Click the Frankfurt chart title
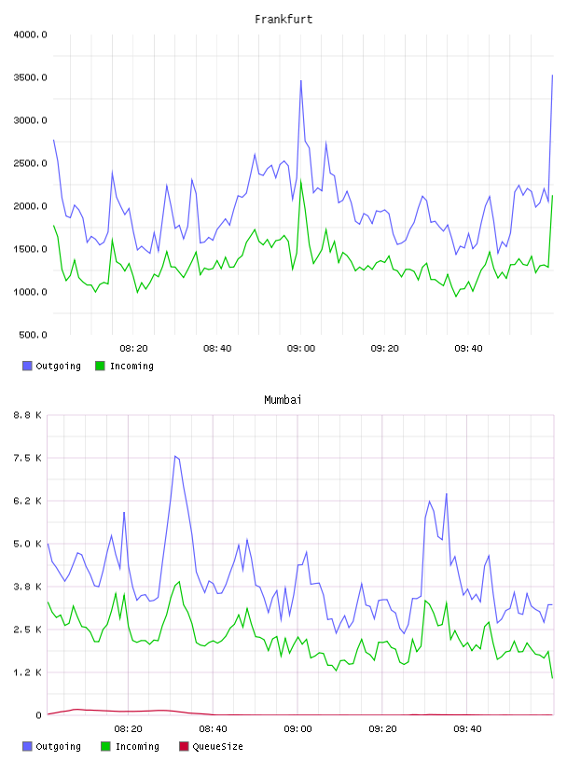[x=283, y=20]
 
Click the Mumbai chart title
[x=283, y=400]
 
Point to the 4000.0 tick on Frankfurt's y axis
[x=30, y=35]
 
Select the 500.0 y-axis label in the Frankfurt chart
[x=33, y=335]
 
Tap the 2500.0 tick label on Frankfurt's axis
[x=30, y=163]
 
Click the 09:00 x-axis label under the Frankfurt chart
[x=301, y=349]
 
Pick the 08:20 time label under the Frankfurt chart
[x=133, y=349]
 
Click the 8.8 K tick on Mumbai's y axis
[x=28, y=415]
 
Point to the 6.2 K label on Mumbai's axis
[x=28, y=501]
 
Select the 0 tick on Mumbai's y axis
[x=39, y=715]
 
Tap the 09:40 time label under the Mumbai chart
[x=467, y=729]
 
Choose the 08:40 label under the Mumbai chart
[x=214, y=729]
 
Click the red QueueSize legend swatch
[x=184, y=746]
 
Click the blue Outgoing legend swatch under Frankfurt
[x=27, y=366]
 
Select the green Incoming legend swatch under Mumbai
[x=105, y=746]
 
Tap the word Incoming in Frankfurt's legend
[x=131, y=367]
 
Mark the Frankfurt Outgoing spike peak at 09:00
[x=301, y=80]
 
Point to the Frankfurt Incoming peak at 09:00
[x=301, y=181]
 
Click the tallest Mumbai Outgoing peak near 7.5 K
[x=175, y=456]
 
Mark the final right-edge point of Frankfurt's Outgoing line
[x=552, y=76]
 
